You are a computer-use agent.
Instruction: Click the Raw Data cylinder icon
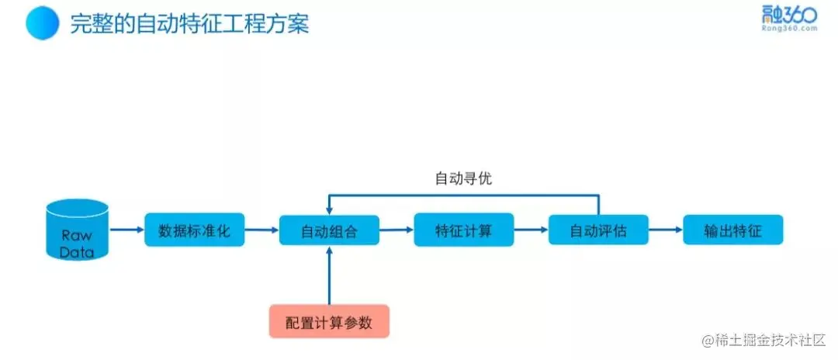click(x=77, y=230)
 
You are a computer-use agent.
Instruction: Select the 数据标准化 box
click(x=195, y=230)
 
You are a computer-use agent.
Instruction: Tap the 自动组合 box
click(x=329, y=230)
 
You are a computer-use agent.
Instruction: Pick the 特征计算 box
click(x=463, y=230)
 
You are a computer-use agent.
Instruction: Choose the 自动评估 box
click(x=598, y=230)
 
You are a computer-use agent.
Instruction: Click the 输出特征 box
click(x=732, y=230)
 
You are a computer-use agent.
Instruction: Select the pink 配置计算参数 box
click(x=329, y=322)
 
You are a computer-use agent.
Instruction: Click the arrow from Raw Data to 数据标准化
click(x=126, y=230)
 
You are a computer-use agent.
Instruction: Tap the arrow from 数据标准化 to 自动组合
click(x=262, y=230)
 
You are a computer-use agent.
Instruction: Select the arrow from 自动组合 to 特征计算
click(x=396, y=230)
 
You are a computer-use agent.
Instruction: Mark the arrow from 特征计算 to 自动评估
click(x=531, y=230)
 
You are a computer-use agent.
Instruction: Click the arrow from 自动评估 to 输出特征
click(x=666, y=230)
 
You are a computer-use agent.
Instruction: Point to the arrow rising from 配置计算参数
click(x=329, y=275)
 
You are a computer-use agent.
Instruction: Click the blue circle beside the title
click(x=43, y=23)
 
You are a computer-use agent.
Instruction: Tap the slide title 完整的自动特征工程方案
click(x=189, y=24)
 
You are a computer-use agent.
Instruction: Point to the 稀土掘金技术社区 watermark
click(x=767, y=341)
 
